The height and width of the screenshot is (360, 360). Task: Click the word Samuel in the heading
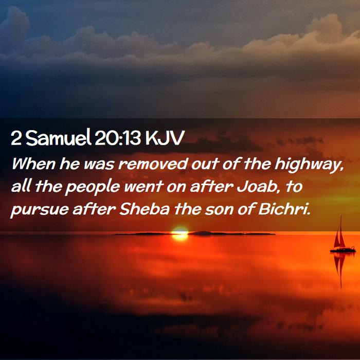coord(58,138)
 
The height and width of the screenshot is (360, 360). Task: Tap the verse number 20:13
coord(118,138)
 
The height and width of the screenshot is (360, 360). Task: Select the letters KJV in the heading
coord(165,138)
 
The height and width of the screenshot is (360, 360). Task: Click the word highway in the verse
coord(309,165)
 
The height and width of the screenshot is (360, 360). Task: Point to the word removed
coord(153,164)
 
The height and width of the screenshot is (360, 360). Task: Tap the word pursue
coord(40,210)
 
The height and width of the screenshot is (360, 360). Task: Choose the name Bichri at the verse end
coord(284,209)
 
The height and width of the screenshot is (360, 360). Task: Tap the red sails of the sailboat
coord(340,237)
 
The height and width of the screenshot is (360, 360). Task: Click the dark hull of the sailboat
coord(343,250)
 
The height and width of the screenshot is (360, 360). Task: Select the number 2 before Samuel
coord(16,138)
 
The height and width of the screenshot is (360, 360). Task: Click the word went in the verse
coord(144,187)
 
